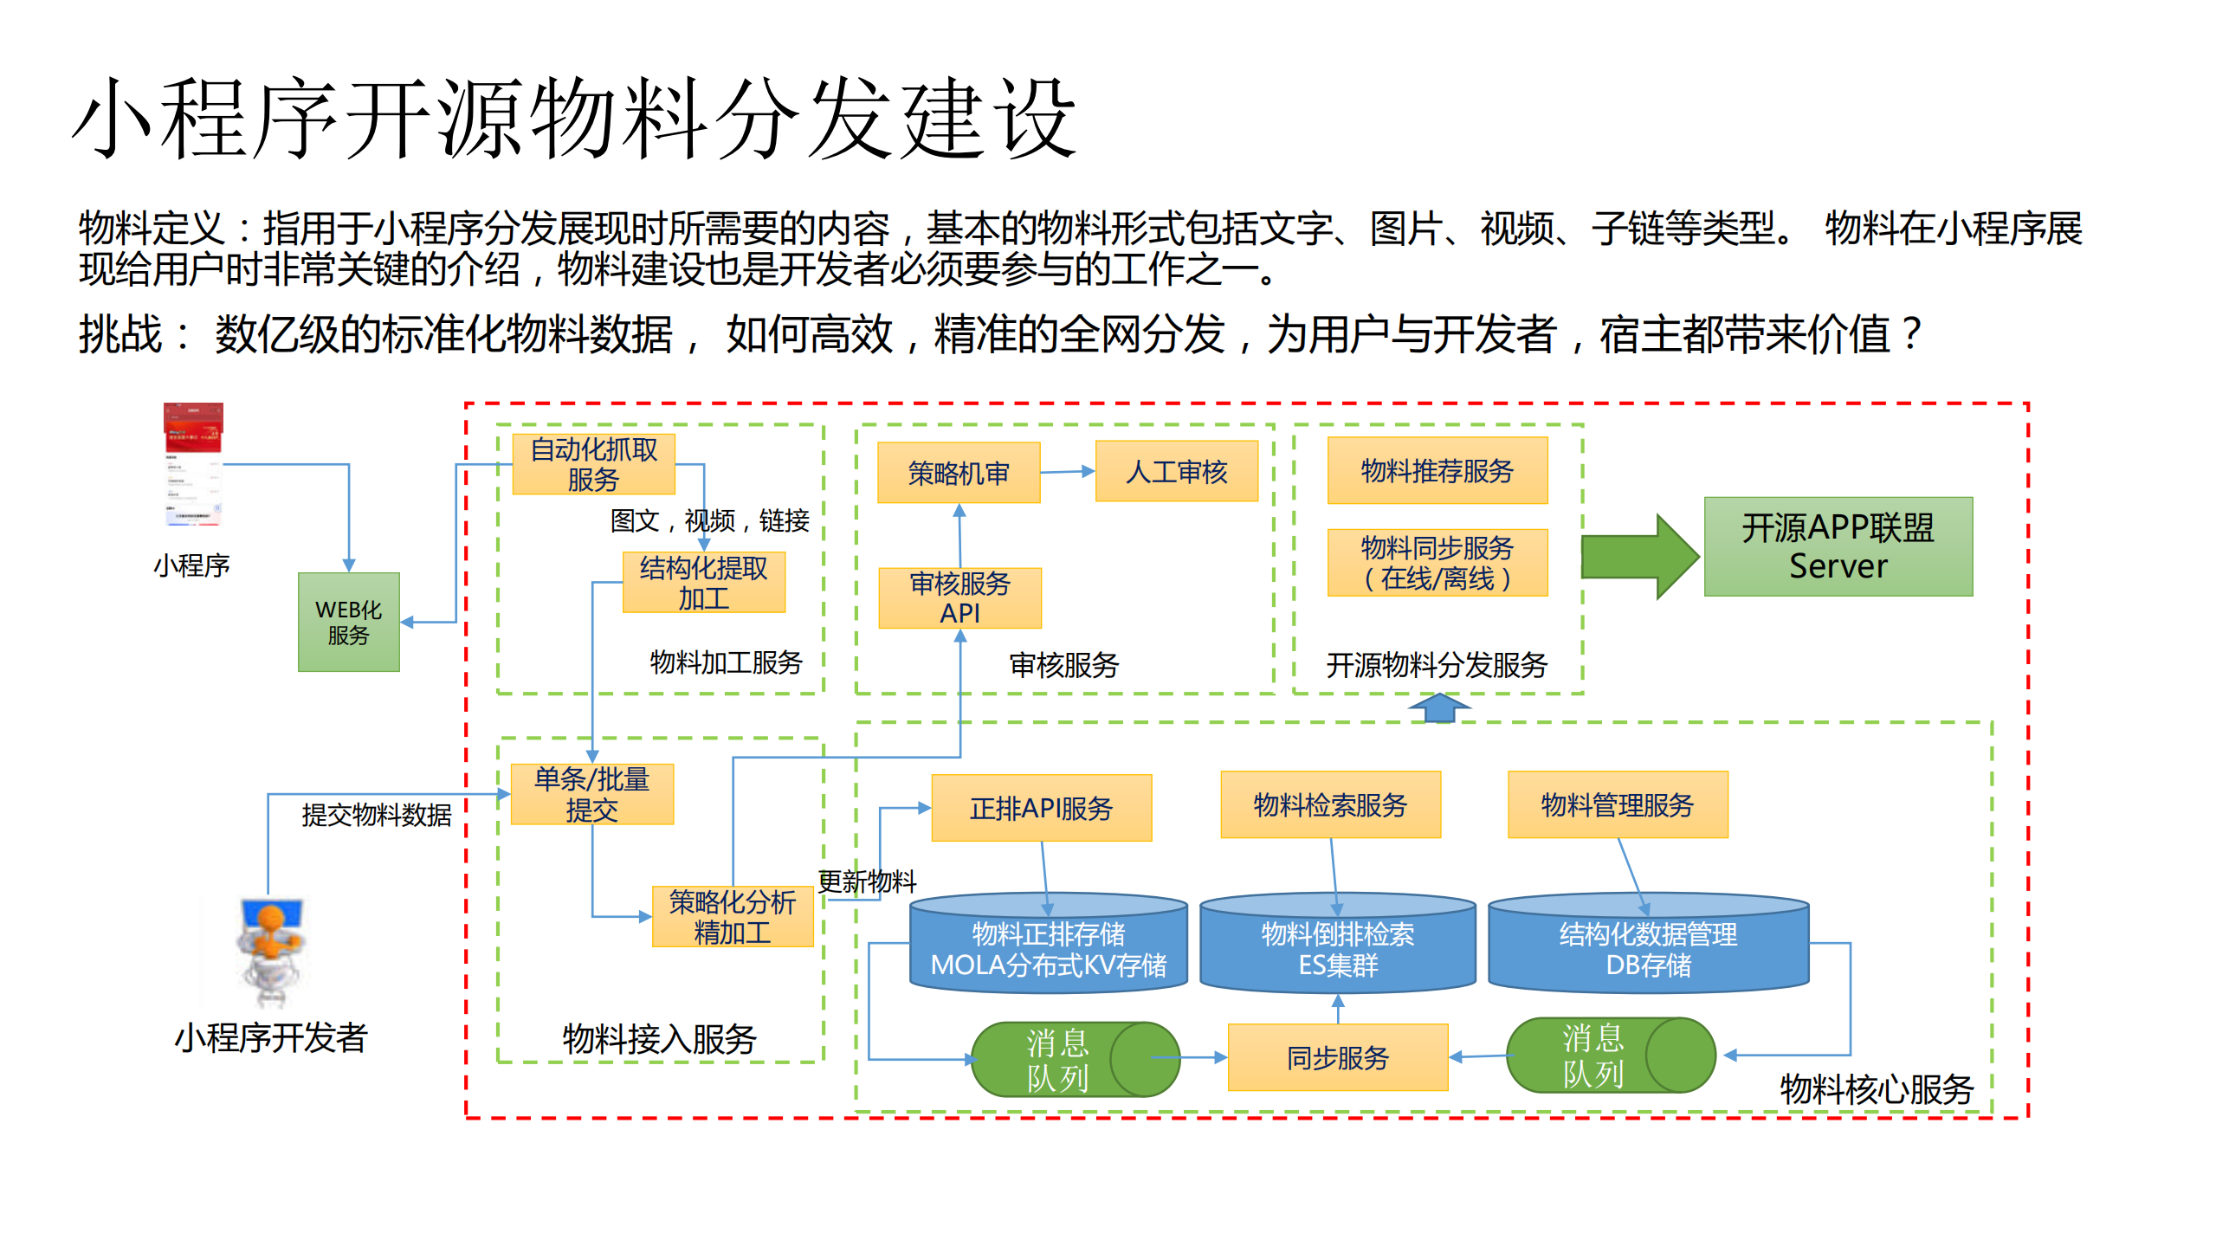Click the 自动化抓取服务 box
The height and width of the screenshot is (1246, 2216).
tap(593, 464)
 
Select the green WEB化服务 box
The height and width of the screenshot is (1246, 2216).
tap(348, 622)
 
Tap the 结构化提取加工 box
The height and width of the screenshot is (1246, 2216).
tap(703, 583)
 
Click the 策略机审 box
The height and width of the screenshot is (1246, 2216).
tap(958, 473)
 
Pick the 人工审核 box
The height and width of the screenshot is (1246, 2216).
tap(1176, 471)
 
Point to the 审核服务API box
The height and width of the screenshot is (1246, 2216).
tap(959, 597)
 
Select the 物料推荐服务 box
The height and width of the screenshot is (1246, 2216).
tap(1437, 470)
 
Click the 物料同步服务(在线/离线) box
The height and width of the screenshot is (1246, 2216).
tap(1437, 563)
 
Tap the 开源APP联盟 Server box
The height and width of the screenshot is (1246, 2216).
tap(1838, 546)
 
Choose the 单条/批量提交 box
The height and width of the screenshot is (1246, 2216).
tap(591, 794)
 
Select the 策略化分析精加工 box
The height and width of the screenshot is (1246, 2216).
tap(732, 917)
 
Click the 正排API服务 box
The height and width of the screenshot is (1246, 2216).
tap(1041, 808)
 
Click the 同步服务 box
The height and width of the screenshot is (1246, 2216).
tap(1337, 1057)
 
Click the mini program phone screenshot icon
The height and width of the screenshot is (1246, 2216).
tap(193, 464)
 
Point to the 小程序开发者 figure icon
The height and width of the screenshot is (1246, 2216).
tap(271, 950)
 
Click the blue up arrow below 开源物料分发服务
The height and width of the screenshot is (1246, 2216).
tap(1439, 707)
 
